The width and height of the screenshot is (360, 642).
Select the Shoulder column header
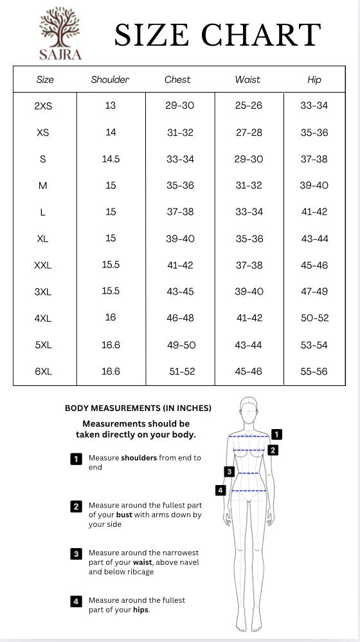point(110,80)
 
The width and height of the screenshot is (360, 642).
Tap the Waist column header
point(248,80)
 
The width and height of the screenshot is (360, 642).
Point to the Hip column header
point(314,80)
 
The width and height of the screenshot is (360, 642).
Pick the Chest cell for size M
point(180,185)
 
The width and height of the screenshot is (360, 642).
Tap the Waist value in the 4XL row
point(249,318)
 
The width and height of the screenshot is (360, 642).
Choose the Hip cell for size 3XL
point(314,291)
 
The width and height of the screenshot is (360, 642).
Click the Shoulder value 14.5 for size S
point(111,159)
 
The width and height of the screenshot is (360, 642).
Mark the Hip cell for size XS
point(314,133)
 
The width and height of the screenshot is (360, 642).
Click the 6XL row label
point(43,371)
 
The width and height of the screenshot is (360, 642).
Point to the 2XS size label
point(43,106)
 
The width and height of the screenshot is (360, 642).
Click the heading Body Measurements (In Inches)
point(138,408)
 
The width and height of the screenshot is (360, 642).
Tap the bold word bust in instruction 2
point(125,515)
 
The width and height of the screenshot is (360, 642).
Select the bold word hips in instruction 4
point(140,610)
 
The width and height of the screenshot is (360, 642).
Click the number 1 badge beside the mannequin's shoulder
point(276,434)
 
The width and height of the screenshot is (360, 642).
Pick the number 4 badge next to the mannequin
point(221,490)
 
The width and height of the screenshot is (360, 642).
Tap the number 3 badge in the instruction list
point(76,553)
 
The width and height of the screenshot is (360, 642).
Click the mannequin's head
point(249,407)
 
